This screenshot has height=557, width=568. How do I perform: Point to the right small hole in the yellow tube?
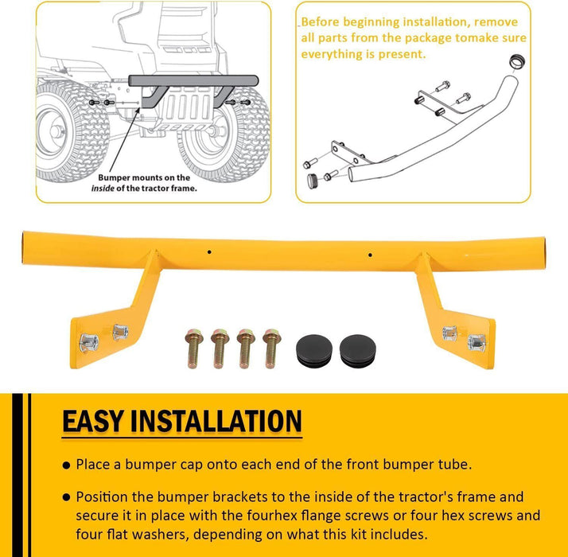pos(370,255)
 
